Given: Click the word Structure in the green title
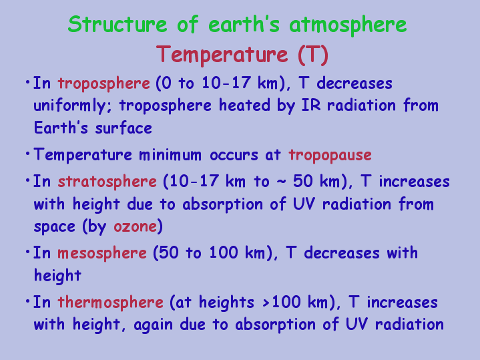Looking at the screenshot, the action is click(x=117, y=24).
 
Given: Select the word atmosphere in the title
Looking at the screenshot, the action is click(x=348, y=25).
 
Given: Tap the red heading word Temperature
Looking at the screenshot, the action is click(x=222, y=55).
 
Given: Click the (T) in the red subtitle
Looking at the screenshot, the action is click(x=313, y=55).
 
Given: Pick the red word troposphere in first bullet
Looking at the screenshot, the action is click(x=103, y=84).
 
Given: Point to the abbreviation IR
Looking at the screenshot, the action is click(x=311, y=105).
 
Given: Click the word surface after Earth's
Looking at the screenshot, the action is click(x=124, y=128).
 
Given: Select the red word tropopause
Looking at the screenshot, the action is click(x=330, y=156).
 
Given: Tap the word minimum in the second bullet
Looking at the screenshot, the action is click(x=170, y=154).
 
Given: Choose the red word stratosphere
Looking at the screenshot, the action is click(x=107, y=182).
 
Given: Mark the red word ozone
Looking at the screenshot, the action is click(x=135, y=227).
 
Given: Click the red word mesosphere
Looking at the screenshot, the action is click(x=102, y=254).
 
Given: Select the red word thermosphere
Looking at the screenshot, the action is click(x=111, y=303).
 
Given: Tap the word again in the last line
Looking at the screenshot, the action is click(x=154, y=325).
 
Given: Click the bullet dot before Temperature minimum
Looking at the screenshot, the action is click(x=28, y=153).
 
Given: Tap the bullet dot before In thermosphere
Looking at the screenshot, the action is click(x=28, y=301).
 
